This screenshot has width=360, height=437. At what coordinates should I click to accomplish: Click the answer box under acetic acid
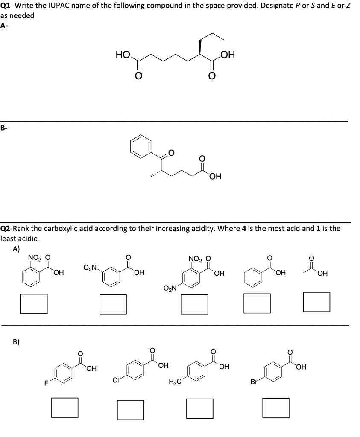point(316,301)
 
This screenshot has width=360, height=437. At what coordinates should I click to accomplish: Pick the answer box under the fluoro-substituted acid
point(65,407)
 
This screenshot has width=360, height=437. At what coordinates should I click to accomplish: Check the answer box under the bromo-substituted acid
point(276,408)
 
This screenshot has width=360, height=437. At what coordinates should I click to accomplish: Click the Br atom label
point(254,382)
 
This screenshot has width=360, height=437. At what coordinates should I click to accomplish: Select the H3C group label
point(176,382)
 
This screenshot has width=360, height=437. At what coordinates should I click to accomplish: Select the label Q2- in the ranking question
point(7,228)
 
